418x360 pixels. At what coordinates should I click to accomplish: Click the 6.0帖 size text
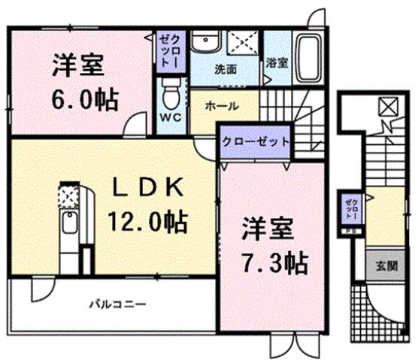(x=82, y=99)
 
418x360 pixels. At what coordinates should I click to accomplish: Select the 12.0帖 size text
(x=147, y=222)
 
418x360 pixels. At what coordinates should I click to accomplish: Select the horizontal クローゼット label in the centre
(x=253, y=140)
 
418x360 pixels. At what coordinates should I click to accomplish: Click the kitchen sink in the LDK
(x=68, y=226)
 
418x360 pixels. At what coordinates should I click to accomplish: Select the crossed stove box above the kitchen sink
(x=68, y=197)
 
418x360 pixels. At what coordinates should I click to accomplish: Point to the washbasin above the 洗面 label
(x=201, y=43)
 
